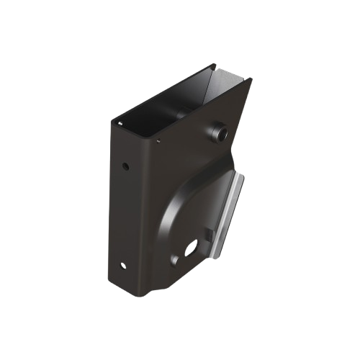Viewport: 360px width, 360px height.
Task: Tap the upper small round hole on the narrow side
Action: [126, 166]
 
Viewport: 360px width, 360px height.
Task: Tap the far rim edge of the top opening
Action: [216, 67]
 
